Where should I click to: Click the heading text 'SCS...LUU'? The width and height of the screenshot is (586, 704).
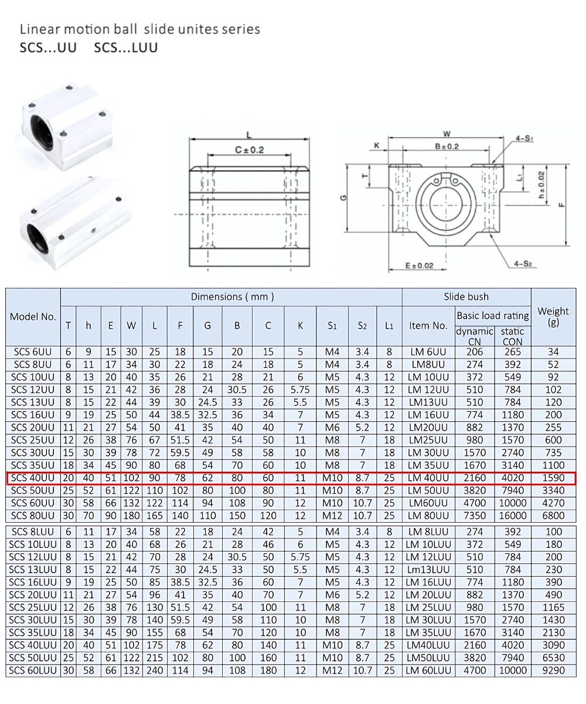125,48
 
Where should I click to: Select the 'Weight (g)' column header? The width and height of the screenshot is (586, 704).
553,316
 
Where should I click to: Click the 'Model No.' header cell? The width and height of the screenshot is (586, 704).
33,316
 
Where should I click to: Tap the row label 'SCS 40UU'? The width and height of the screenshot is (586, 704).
33,478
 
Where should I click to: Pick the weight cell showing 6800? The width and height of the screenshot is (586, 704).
553,516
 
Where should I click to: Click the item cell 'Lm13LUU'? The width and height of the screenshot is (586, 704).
428,570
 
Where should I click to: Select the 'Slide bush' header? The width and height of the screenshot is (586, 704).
466,297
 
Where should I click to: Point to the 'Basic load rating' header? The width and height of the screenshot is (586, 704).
492,316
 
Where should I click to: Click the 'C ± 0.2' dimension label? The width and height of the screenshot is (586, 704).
250,150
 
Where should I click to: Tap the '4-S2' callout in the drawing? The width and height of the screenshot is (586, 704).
523,263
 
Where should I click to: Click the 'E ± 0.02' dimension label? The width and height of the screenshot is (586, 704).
420,266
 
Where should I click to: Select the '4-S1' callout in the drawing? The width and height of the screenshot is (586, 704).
524,139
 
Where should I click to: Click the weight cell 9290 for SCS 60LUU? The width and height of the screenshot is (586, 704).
553,670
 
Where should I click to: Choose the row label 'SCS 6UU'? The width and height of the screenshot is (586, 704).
33,352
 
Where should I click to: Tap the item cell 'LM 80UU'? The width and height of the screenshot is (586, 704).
428,516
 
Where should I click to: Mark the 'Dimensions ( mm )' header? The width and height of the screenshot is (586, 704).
232,297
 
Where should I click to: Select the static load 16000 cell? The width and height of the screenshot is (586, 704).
512,516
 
